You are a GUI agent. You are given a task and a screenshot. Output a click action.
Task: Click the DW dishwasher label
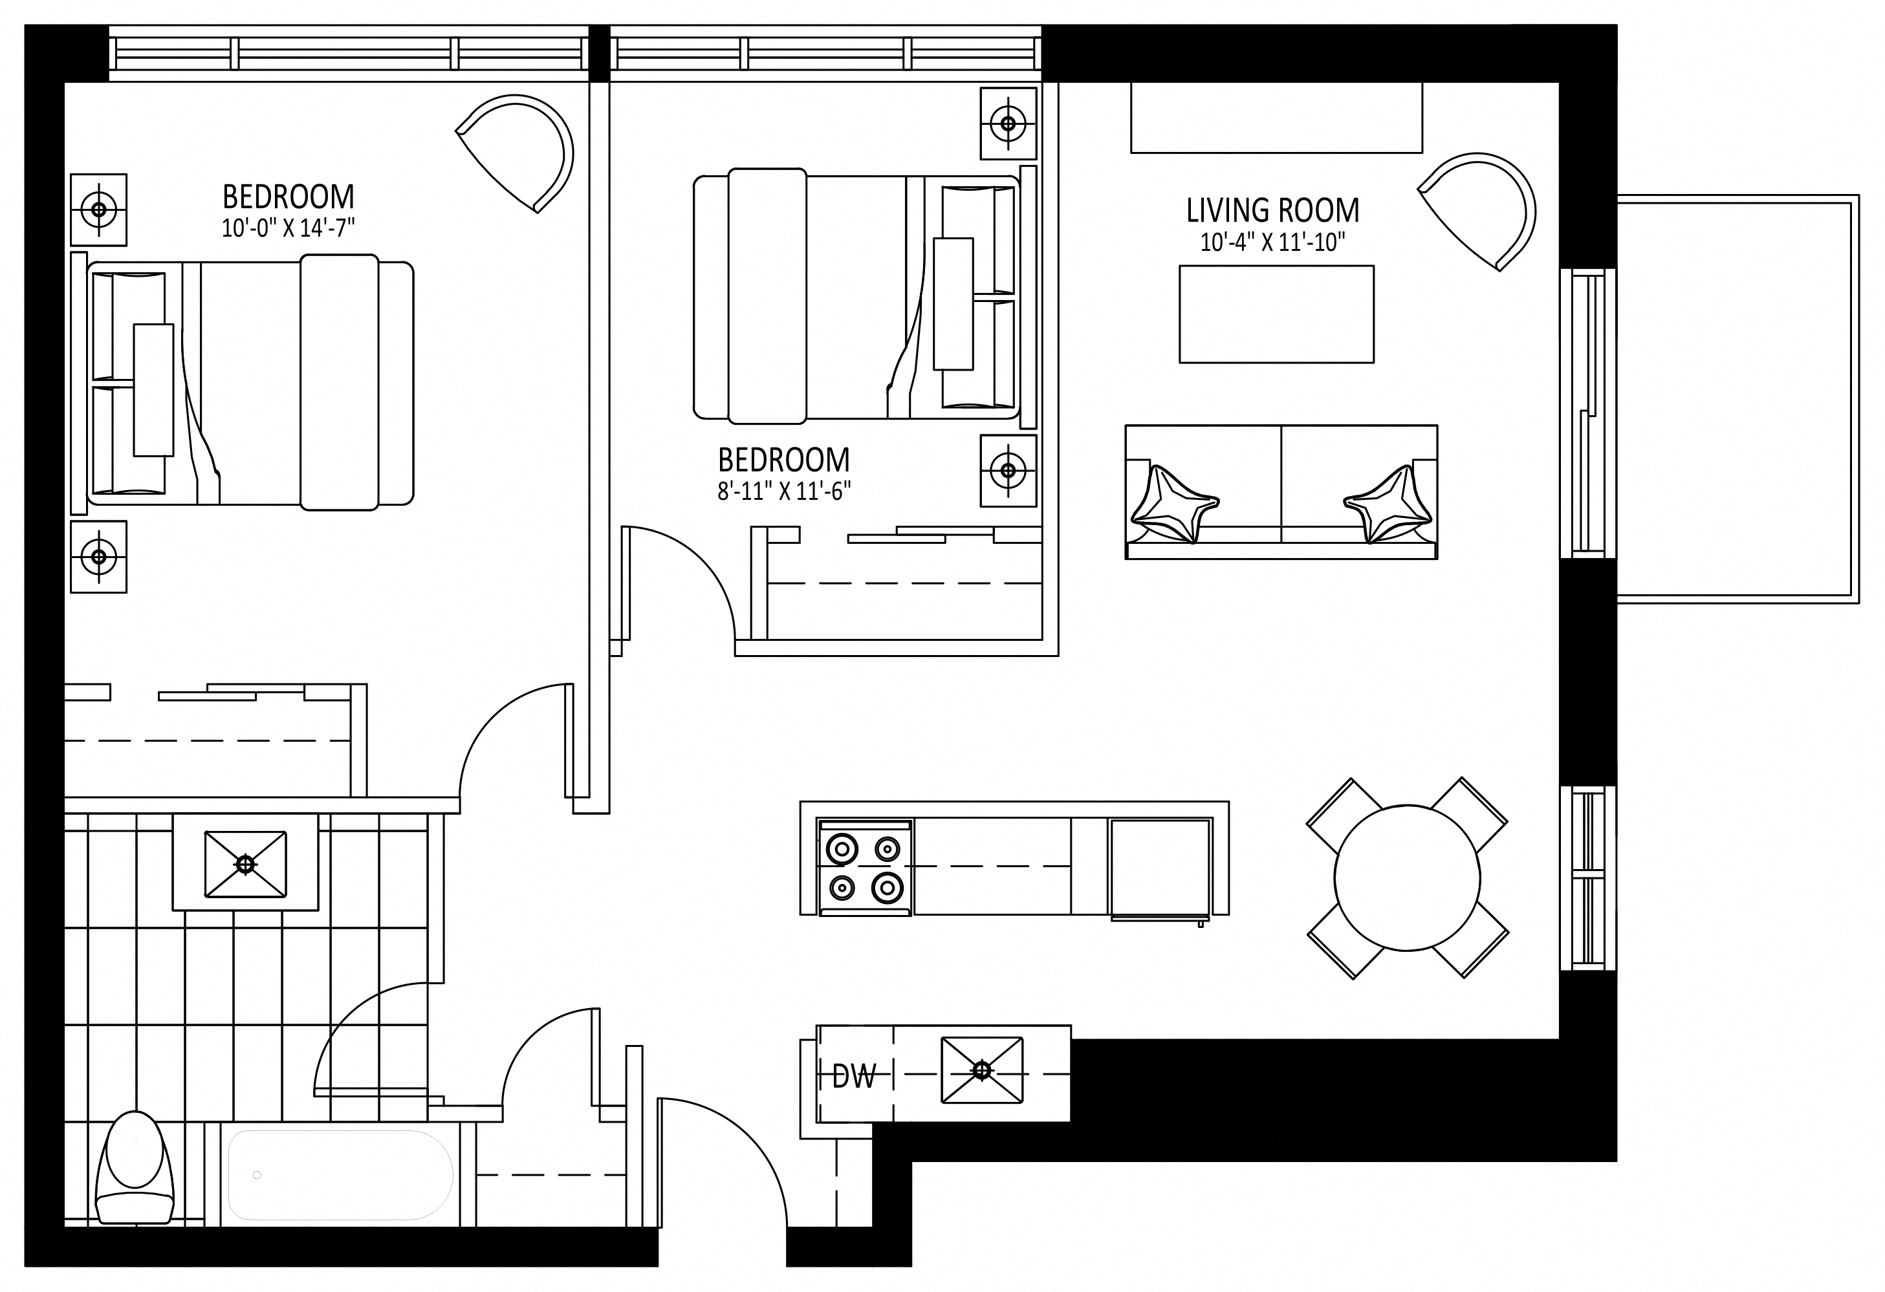pyautogui.click(x=854, y=1076)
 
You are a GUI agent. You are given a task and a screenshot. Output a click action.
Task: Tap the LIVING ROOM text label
pyautogui.click(x=1272, y=210)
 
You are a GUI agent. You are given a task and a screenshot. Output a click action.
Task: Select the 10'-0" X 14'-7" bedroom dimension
pyautogui.click(x=288, y=228)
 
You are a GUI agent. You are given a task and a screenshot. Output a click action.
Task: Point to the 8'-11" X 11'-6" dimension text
pyautogui.click(x=784, y=491)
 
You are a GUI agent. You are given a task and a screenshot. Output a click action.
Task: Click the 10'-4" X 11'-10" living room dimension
pyautogui.click(x=1272, y=242)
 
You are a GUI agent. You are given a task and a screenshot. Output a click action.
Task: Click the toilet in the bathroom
pyautogui.click(x=135, y=1167)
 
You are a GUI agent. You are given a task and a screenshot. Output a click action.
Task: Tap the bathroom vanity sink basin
pyautogui.click(x=245, y=865)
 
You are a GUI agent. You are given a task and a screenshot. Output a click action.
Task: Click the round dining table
pyautogui.click(x=1407, y=877)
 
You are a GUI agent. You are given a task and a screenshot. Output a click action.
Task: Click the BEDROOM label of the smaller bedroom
pyautogui.click(x=784, y=460)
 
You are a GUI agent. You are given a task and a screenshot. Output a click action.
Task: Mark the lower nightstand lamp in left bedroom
pyautogui.click(x=99, y=556)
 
